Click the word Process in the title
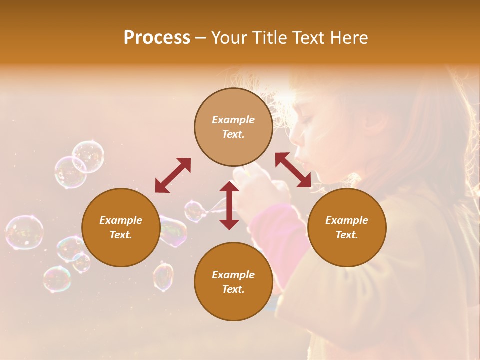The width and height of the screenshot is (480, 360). [157, 38]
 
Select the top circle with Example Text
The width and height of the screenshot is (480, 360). [233, 127]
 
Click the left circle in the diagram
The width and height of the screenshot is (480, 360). [121, 228]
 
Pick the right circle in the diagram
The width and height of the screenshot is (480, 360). [347, 228]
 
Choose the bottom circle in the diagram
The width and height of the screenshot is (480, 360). [233, 282]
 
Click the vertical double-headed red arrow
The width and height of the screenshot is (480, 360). [229, 205]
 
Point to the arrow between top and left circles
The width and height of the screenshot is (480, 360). [173, 175]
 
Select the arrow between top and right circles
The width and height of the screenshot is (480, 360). [293, 170]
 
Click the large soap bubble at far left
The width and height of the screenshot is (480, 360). [24, 232]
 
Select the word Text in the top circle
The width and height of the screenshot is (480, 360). [233, 135]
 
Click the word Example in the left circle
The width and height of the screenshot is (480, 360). [121, 220]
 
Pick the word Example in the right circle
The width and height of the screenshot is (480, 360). [347, 220]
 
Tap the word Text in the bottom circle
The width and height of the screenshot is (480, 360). [233, 289]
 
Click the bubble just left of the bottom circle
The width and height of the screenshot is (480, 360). [163, 276]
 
